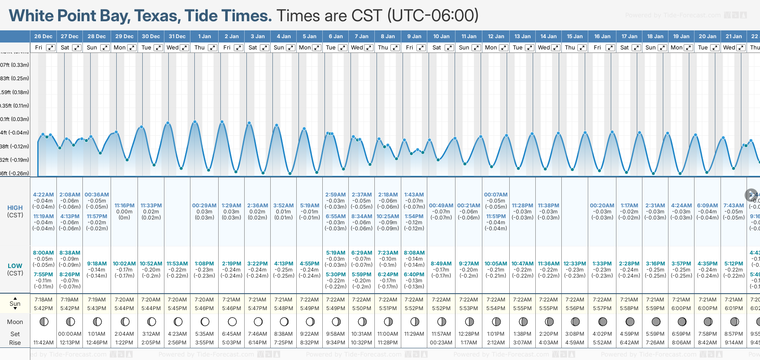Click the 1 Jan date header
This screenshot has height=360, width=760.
point(204,36)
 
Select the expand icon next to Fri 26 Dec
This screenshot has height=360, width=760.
point(51,48)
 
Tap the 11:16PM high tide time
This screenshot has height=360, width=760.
point(124,206)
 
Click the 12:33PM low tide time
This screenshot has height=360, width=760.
point(575,264)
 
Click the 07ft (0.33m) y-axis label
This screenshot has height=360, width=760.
point(14,65)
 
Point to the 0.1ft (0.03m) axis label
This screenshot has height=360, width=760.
point(14,119)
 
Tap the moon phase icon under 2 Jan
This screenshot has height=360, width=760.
point(232,322)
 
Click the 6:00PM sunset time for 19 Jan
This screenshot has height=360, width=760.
point(681,308)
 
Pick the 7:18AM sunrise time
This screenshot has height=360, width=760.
point(43,300)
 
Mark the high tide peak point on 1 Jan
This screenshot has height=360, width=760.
point(195,122)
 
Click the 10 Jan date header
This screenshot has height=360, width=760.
point(441,36)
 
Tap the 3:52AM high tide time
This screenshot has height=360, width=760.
point(283,206)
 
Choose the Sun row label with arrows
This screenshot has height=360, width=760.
point(15,302)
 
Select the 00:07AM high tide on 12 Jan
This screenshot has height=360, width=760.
point(496,195)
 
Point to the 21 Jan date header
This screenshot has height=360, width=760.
point(734,36)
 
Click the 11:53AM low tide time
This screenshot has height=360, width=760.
point(177,264)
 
